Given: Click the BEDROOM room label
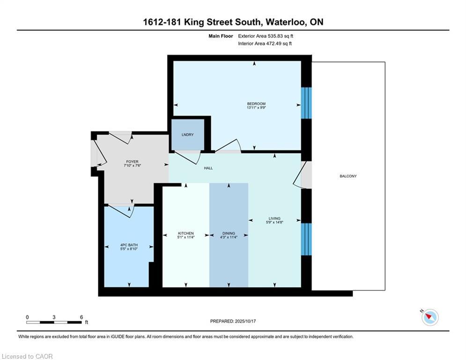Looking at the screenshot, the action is coord(256,104).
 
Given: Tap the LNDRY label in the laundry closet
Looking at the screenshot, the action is coord(187,135).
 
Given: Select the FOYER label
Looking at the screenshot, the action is coord(132,162).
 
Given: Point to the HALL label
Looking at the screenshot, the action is coord(208,168).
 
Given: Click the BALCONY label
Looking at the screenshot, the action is coord(348,176).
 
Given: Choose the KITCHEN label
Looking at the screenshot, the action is coord(186,233).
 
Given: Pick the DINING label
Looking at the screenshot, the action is coord(229,233).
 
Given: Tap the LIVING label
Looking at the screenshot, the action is coord(274,218).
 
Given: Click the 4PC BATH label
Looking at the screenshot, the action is coord(129,245).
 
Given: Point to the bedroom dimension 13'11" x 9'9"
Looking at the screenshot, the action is coord(256,107).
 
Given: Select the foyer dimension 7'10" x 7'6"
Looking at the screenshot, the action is coord(132,165).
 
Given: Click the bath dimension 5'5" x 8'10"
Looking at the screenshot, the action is coord(129,249).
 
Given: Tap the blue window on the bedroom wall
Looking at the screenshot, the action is coord(306,103).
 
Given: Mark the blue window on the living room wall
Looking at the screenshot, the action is coord(306,239).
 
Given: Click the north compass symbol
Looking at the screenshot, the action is coord(430,317).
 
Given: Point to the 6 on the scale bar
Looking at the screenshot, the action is coord(81,317).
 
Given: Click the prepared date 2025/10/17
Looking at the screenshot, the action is coord(245,321).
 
